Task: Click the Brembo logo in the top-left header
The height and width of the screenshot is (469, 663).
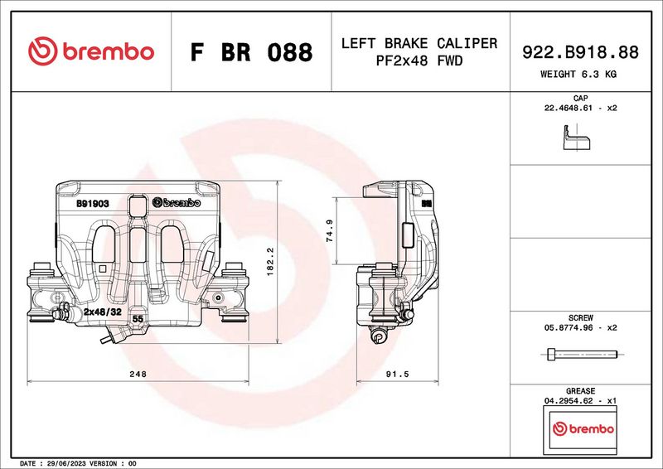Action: click(x=91, y=51)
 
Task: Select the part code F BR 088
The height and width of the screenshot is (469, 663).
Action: click(x=251, y=52)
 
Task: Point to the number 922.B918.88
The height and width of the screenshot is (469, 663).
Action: click(x=580, y=52)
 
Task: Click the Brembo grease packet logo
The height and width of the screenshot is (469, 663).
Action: click(x=583, y=428)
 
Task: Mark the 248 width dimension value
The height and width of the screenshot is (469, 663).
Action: click(x=138, y=375)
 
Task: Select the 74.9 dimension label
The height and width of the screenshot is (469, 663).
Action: click(x=330, y=230)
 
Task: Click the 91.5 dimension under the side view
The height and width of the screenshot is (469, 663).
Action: click(x=398, y=375)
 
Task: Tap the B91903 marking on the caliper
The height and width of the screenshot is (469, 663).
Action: click(x=93, y=202)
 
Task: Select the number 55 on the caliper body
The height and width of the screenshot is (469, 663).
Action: click(x=138, y=318)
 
